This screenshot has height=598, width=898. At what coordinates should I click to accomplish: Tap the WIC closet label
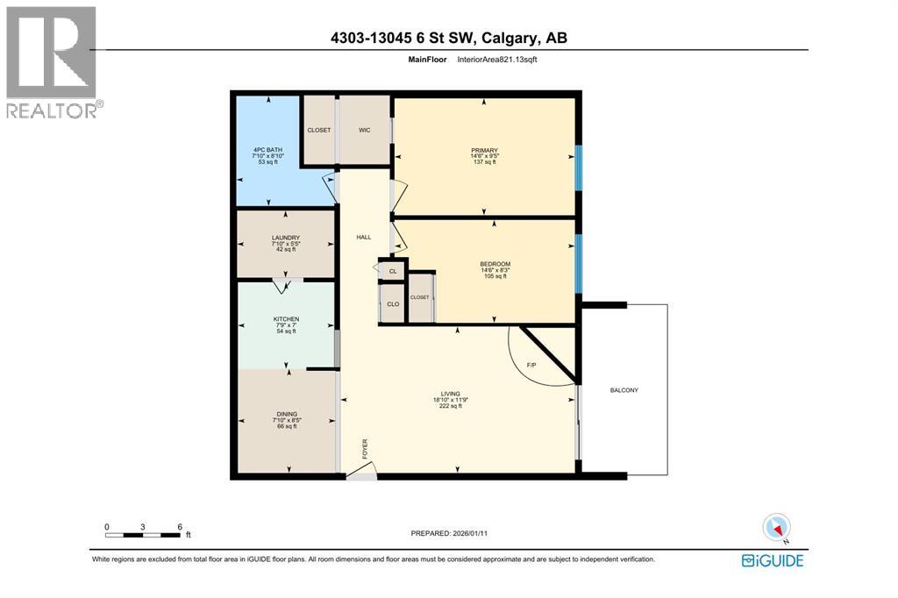pyautogui.click(x=365, y=131)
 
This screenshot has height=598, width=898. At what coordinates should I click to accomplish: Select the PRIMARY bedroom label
pyautogui.click(x=484, y=150)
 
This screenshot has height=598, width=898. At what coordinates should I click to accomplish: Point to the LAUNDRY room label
pyautogui.click(x=286, y=238)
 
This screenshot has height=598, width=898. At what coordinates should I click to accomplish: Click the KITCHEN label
pyautogui.click(x=286, y=318)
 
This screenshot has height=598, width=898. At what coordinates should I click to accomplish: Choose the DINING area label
pyautogui.click(x=286, y=414)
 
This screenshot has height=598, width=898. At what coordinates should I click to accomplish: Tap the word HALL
pyautogui.click(x=363, y=238)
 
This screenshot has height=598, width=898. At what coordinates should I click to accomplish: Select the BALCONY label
pyautogui.click(x=624, y=390)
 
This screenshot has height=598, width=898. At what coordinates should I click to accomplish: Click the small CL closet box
pyautogui.click(x=393, y=271)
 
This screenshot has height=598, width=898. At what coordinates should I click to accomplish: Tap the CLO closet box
pyautogui.click(x=394, y=304)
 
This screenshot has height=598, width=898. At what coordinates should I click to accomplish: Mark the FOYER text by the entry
pyautogui.click(x=366, y=449)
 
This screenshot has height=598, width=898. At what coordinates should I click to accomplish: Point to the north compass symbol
pyautogui.click(x=776, y=526)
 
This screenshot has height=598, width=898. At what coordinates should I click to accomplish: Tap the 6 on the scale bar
pyautogui.click(x=180, y=527)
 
